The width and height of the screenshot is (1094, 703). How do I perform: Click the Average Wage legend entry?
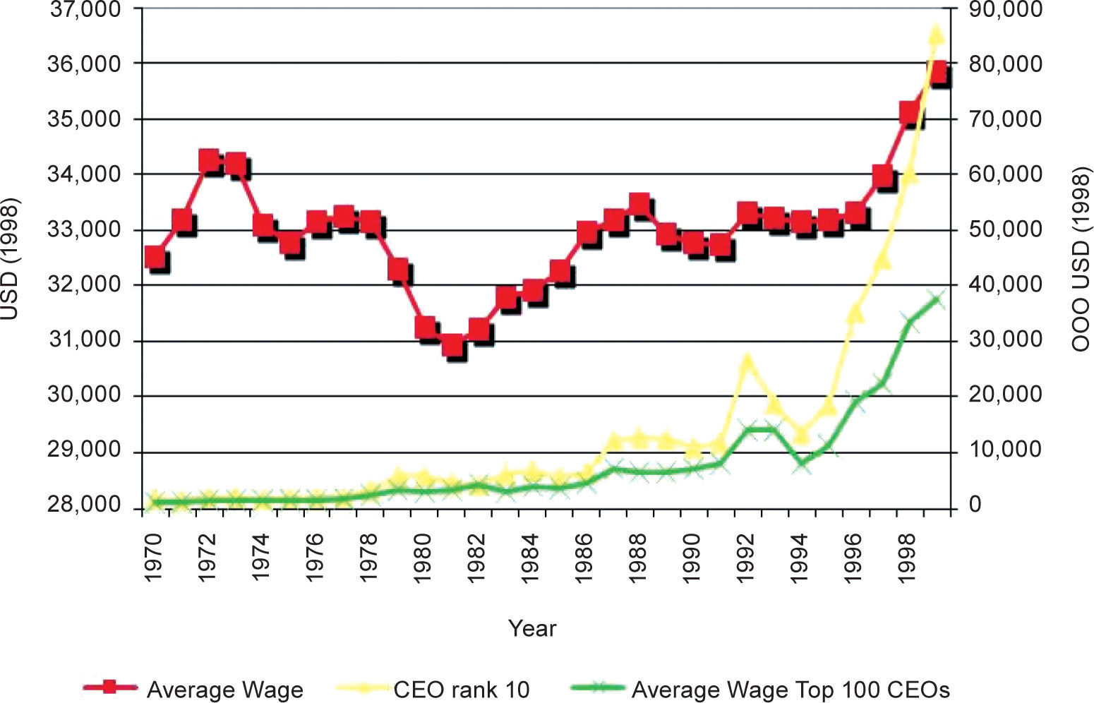pyautogui.click(x=224, y=689)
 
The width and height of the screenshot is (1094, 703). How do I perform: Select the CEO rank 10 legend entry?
pyautogui.click(x=461, y=689)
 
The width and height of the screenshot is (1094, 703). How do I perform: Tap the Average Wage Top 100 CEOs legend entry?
pyautogui.click(x=791, y=689)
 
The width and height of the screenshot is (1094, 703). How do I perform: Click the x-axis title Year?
pyautogui.click(x=532, y=627)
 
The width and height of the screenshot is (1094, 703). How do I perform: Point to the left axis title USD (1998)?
pyautogui.click(x=10, y=259)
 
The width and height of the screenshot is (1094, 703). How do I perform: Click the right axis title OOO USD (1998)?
pyautogui.click(x=1081, y=259)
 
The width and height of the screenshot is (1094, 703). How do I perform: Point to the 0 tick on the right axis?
pyautogui.click(x=975, y=505)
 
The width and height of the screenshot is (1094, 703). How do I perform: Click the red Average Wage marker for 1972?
pyautogui.click(x=208, y=161)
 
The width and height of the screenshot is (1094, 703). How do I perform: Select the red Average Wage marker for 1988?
pyautogui.click(x=639, y=205)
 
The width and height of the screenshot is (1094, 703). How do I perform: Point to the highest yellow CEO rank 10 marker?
pyautogui.click(x=936, y=33)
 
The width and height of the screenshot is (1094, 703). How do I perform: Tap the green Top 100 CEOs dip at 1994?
pyautogui.click(x=801, y=464)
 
